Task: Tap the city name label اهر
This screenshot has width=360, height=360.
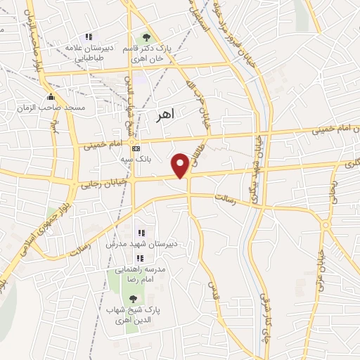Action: tap(167, 112)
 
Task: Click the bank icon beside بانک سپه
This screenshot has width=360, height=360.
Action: tap(136, 148)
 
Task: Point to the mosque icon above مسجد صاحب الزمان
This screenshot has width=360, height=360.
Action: tap(50, 97)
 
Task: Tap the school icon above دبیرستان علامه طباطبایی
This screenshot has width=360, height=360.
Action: tap(88, 37)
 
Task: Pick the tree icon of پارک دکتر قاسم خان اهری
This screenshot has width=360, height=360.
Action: tap(146, 37)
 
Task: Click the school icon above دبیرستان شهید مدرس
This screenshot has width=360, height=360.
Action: tap(141, 233)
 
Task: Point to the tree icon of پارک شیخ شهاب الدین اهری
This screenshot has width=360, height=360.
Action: tap(134, 299)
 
